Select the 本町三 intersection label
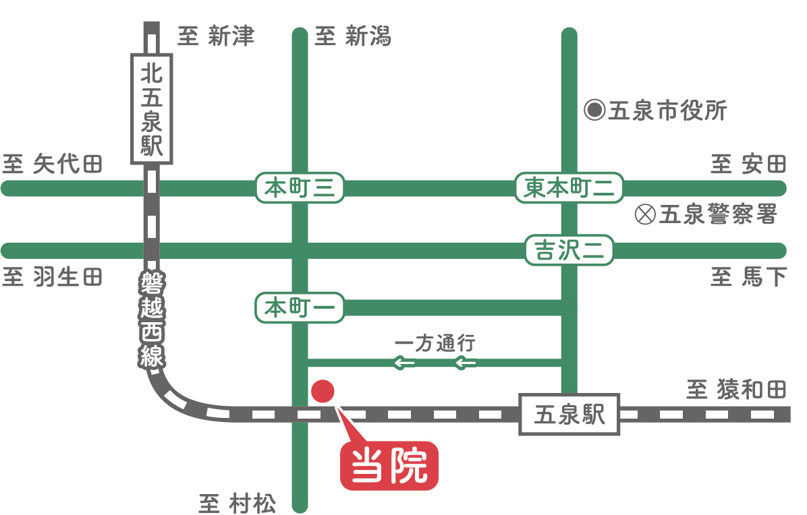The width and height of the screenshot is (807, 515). point(300,188)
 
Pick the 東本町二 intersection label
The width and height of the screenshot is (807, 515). point(569,188)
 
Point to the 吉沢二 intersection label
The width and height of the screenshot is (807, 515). point(569,251)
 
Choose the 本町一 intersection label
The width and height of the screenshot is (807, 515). point(300,308)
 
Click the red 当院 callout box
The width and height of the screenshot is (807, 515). point(389,465)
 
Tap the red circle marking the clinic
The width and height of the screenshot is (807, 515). point(323,390)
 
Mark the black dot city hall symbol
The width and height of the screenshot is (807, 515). point(594,110)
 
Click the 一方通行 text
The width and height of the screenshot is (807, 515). point(435,343)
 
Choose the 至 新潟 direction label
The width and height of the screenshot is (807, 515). point(353,36)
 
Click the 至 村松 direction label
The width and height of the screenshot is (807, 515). point(238,504)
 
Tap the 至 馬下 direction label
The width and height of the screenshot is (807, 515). point(748,277)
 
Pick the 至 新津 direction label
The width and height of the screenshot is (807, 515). point(216,36)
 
